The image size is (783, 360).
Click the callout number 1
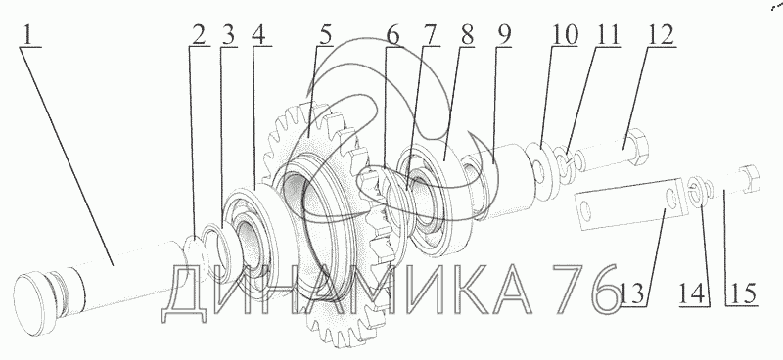(x=29, y=34)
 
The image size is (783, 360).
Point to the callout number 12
(x=661, y=35)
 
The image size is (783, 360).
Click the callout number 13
(x=631, y=293)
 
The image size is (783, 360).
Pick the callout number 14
(x=694, y=293)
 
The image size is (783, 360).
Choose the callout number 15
(x=742, y=293)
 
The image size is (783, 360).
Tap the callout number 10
(x=565, y=35)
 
